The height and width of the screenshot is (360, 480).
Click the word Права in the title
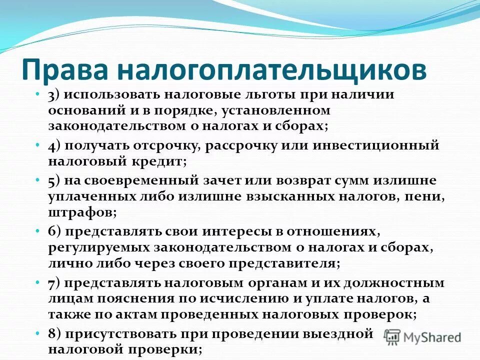[x=63, y=70]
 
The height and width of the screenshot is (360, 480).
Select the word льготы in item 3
[x=249, y=95]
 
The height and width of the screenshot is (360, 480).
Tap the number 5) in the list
[x=55, y=180]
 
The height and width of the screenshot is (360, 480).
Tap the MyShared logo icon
[x=393, y=336]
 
